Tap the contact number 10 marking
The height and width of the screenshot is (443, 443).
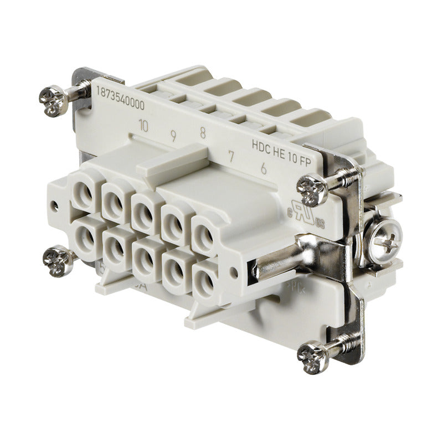pyautogui.click(x=143, y=126)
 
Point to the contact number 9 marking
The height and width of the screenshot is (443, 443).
pyautogui.click(x=173, y=135)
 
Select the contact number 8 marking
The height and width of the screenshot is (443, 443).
pyautogui.click(x=203, y=132)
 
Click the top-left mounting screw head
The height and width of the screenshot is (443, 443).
pyautogui.click(x=54, y=100)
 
